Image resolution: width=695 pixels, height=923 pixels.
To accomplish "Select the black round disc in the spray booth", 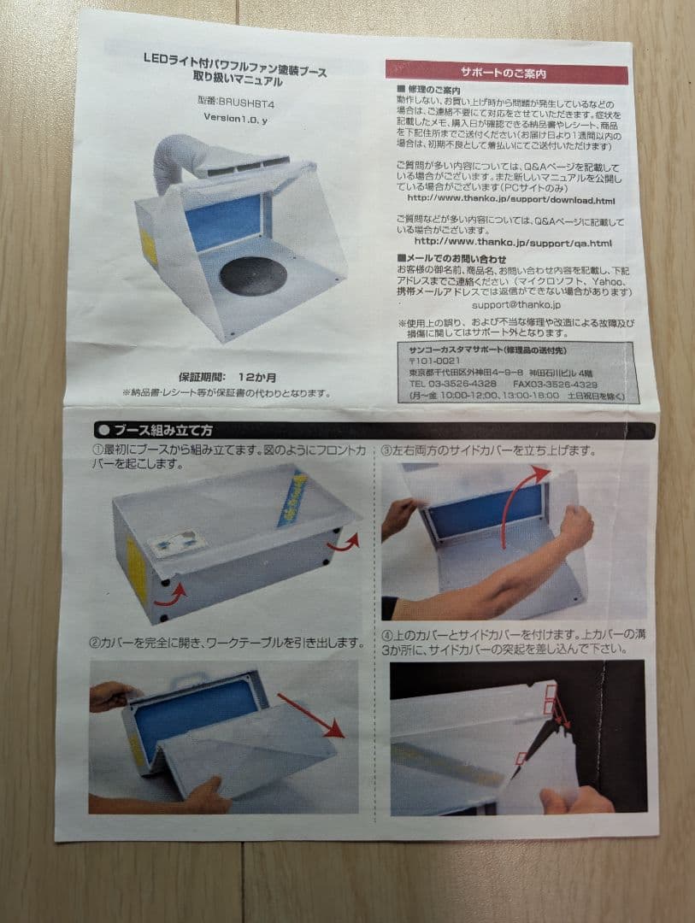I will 253,275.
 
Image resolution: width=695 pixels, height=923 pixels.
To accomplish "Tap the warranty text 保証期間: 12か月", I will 228,376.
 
